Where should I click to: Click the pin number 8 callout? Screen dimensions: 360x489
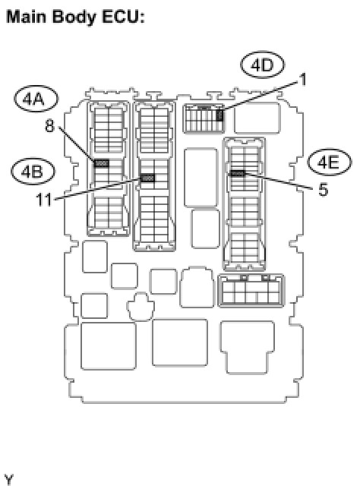[x=50, y=126]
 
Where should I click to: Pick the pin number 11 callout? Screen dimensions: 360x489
[x=44, y=200]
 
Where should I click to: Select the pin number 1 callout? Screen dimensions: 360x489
[x=302, y=80]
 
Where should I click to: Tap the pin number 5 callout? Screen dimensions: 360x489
[x=324, y=190]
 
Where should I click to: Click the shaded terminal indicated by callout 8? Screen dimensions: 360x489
[x=101, y=162]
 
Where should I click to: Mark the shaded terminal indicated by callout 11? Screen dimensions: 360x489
[x=147, y=178]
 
